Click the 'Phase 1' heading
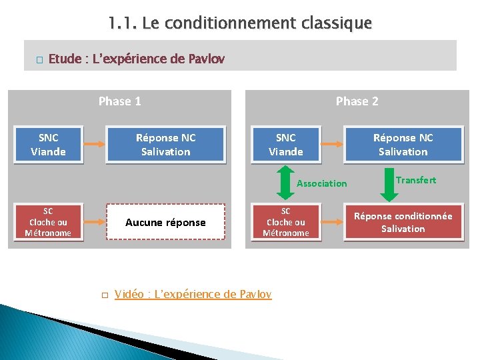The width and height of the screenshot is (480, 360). (x=119, y=101)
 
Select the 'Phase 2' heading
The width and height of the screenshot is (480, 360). (x=357, y=101)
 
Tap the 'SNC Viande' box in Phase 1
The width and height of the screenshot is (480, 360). (x=48, y=145)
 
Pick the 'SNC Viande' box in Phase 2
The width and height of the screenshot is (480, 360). (x=285, y=145)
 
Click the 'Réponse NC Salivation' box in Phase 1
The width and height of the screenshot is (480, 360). (x=165, y=145)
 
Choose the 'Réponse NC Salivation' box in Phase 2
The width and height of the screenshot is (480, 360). (x=403, y=145)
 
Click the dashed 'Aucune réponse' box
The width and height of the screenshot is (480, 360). (x=165, y=222)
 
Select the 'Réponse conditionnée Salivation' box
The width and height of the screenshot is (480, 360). (x=403, y=222)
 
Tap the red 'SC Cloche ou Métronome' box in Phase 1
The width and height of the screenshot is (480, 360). (x=48, y=222)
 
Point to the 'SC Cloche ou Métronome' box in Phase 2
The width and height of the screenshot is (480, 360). (x=285, y=222)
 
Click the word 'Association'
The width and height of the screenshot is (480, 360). (x=322, y=183)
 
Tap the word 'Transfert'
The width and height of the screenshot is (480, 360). (x=416, y=180)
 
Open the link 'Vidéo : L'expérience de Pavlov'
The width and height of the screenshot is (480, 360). (x=193, y=294)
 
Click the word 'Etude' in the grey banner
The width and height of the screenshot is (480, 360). (x=63, y=59)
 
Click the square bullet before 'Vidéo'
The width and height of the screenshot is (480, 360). (x=104, y=295)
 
